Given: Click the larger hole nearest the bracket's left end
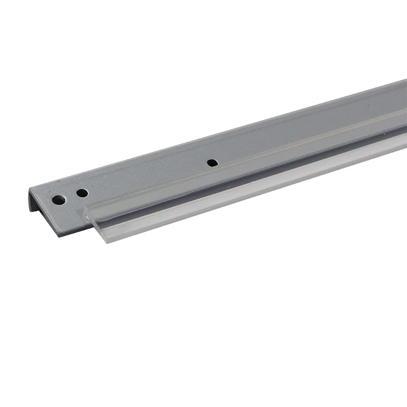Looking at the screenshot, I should [x=60, y=199].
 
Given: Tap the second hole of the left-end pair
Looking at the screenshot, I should [x=81, y=193].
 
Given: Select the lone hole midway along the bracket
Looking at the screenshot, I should [x=212, y=163].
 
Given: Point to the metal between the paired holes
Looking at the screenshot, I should [x=71, y=196].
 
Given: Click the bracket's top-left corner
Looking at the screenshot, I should [x=30, y=189].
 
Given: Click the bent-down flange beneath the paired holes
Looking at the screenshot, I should [x=66, y=214].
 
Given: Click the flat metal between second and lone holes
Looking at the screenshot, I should [x=148, y=178].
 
